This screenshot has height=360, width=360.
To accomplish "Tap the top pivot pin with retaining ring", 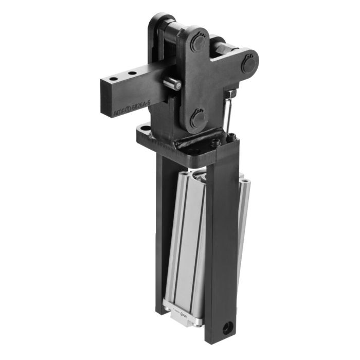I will (x=197, y=44).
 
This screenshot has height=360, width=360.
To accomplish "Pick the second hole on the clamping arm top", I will (x=132, y=75).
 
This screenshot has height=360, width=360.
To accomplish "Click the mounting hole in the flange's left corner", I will (x=146, y=128).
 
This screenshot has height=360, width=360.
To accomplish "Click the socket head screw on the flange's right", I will (x=232, y=138).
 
